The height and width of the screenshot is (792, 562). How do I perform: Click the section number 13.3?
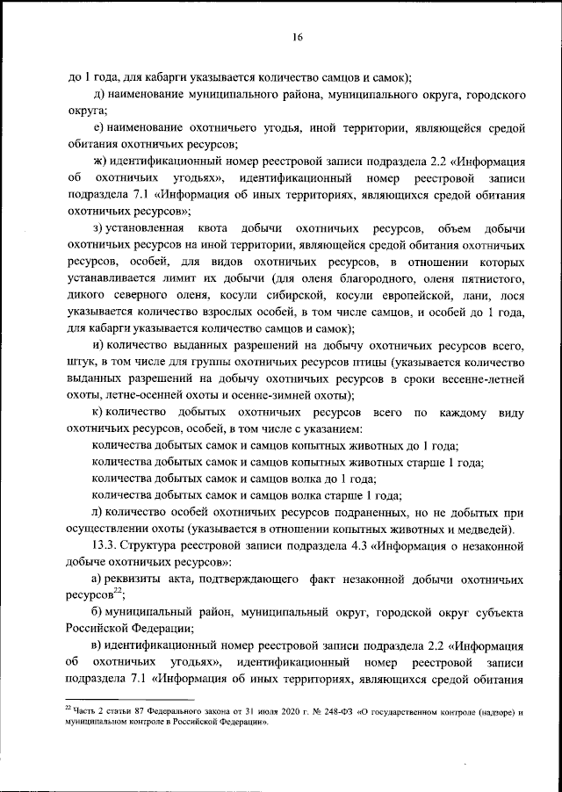point(107,544)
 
